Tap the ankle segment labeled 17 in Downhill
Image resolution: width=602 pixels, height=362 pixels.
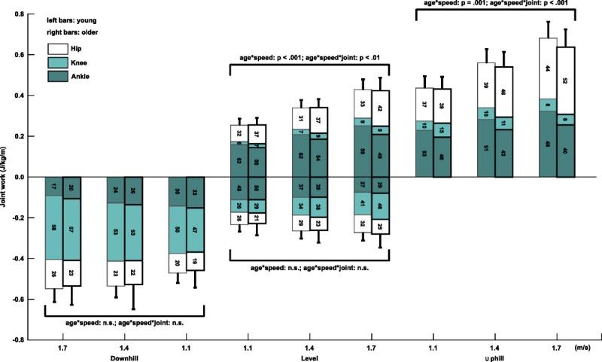53,186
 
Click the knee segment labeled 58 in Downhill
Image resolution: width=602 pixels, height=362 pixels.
53,227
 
